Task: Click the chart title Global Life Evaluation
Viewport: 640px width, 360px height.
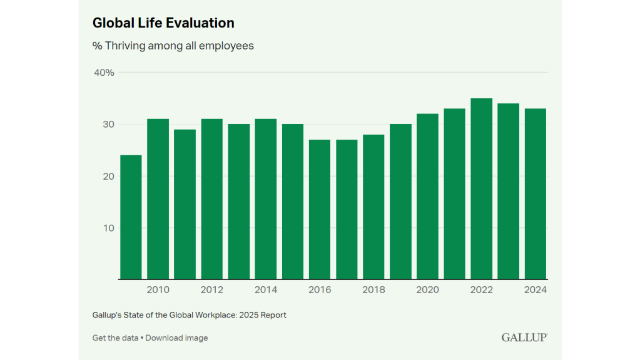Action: coord(163,23)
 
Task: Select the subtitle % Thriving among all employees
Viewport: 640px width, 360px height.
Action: coord(173,46)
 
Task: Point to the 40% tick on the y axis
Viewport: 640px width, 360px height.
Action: coord(104,73)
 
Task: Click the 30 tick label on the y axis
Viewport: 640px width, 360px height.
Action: coord(108,125)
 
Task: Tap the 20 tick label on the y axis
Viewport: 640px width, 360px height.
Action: coord(108,176)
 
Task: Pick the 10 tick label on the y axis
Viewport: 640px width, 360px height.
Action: coord(108,228)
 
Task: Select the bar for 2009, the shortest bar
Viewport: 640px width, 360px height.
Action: coord(131,217)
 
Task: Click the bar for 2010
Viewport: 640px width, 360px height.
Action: coord(158,199)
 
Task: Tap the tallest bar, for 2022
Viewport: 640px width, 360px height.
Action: coord(481,188)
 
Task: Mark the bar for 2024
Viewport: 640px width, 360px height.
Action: coord(535,193)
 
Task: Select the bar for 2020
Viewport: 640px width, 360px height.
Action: coord(427,196)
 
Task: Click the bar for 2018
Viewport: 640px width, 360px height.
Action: coord(373,207)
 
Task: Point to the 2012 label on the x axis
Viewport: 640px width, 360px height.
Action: coord(212,290)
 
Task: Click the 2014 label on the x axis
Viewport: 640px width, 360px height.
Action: coord(266,290)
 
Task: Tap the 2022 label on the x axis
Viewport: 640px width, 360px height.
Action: coord(481,290)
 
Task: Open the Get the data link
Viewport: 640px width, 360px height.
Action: coord(115,338)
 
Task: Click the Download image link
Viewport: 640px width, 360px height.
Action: coord(177,338)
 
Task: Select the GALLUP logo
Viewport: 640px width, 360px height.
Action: coord(524,337)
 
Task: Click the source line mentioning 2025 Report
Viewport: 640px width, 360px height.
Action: coord(189,316)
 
